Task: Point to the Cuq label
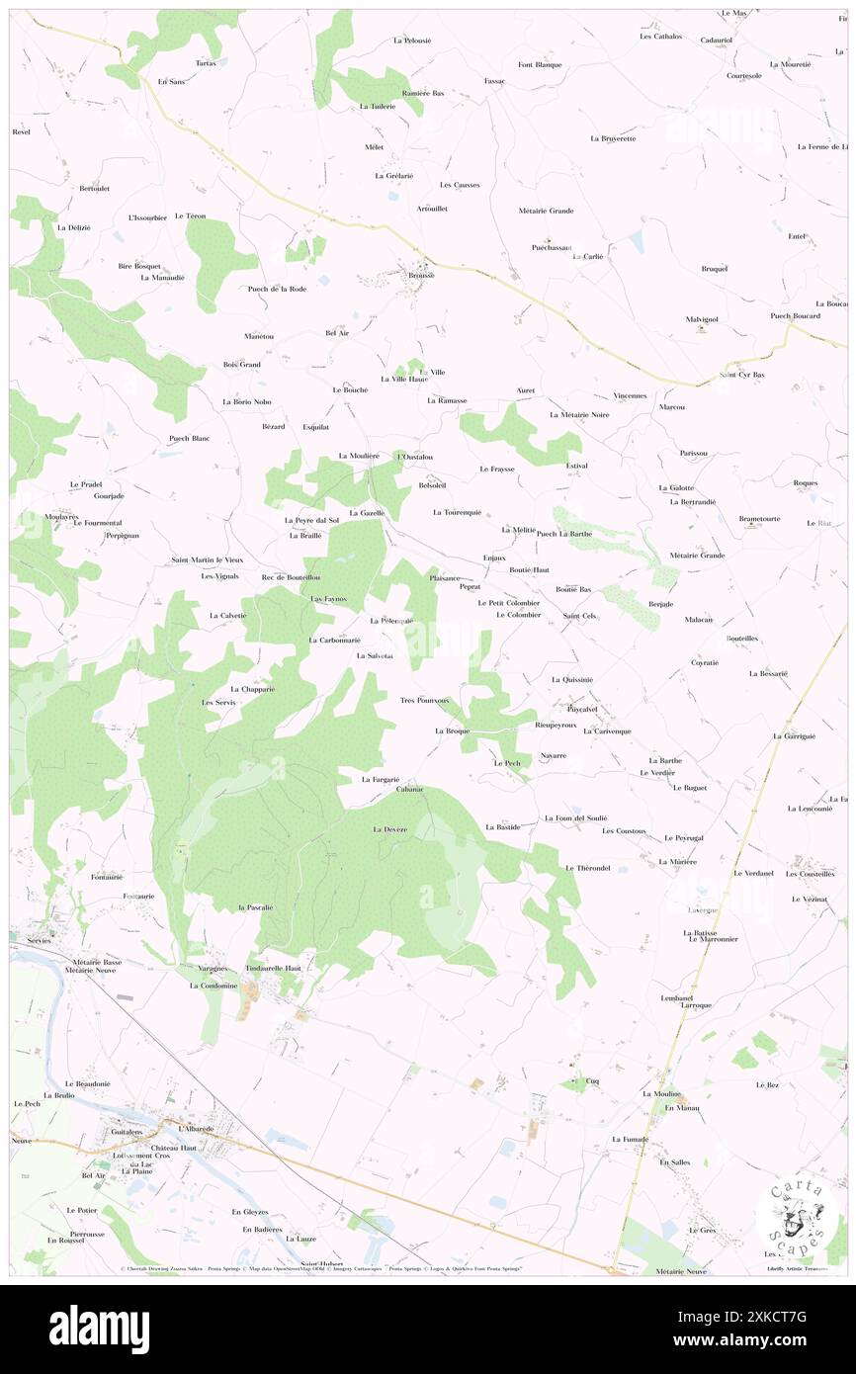(592, 1080)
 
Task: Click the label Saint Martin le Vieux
(214, 560)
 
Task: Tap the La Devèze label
(389, 828)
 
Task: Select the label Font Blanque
(540, 65)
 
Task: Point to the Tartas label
(205, 63)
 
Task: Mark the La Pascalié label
(254, 906)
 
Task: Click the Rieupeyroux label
(555, 725)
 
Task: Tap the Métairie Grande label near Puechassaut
(546, 211)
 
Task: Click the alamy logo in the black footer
(99, 1330)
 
